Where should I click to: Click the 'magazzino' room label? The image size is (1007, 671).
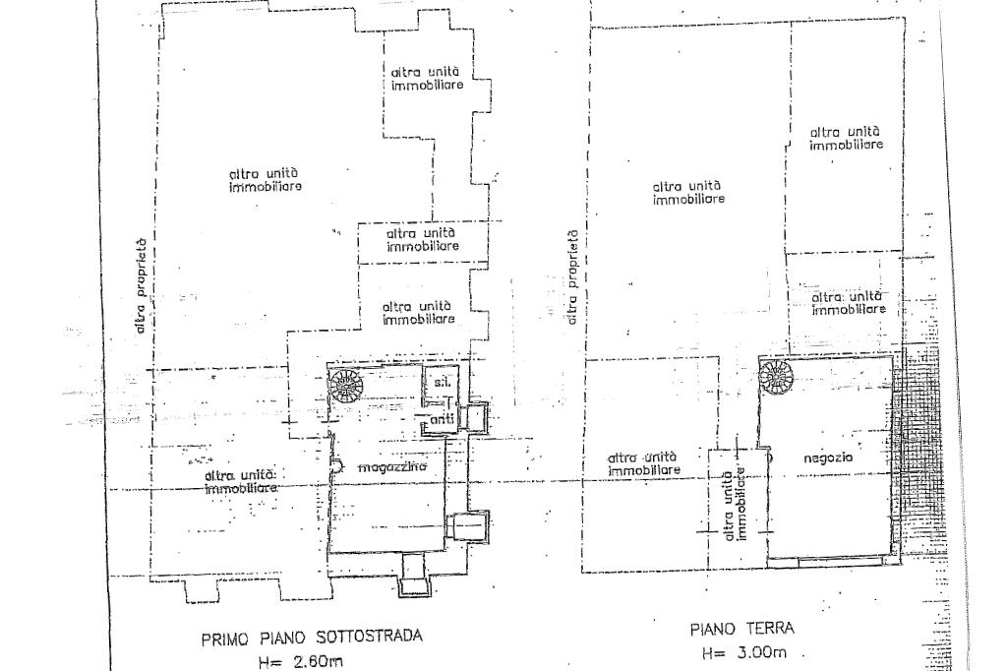point(391,467)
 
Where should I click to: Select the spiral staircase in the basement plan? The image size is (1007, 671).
point(346,384)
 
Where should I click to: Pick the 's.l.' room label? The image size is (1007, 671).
point(441,383)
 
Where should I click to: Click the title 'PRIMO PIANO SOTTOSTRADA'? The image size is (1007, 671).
point(311,638)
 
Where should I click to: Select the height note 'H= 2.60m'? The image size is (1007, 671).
point(301,662)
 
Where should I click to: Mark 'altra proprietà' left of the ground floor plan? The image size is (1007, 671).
point(571,277)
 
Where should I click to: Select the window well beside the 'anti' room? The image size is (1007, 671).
point(474,417)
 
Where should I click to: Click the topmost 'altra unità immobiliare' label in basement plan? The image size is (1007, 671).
point(426,78)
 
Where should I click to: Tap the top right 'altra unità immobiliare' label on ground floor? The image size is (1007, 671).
point(846,138)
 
